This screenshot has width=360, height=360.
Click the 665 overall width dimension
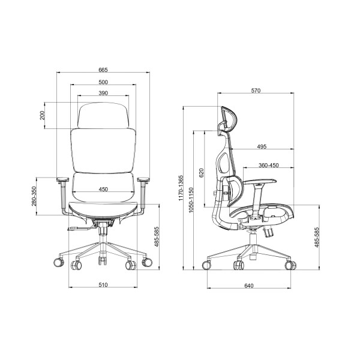tap(103, 70)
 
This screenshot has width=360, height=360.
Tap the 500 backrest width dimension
tap(103, 82)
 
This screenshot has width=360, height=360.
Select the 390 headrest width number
tap(103, 93)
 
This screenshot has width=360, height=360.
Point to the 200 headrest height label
tap(42, 115)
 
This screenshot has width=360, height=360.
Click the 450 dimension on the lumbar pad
tap(103, 189)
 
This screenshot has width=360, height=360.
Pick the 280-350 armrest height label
tap(34, 196)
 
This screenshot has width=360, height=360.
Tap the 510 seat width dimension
tap(103, 285)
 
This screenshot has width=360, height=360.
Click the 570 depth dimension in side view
tap(256, 91)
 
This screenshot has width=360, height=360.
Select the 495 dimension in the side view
tap(262, 146)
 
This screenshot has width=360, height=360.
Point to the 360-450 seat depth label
tap(269, 166)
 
